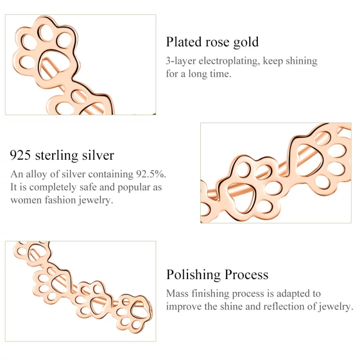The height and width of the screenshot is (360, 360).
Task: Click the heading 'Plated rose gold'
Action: tap(212, 42)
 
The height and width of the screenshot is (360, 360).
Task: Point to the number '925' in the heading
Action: tap(20, 155)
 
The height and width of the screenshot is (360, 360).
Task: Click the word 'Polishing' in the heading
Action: tap(193, 275)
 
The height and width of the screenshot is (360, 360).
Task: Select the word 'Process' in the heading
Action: tap(247, 274)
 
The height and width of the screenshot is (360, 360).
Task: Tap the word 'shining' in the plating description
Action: tap(301, 61)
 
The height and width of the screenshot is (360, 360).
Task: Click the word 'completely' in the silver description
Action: tap(53, 188)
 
